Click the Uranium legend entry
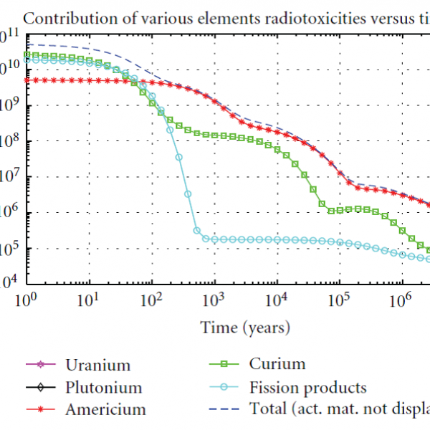[98, 365]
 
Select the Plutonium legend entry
[103, 388]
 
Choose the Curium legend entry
[277, 364]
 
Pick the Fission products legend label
[308, 388]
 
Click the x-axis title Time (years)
[246, 328]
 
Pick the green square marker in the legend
[225, 365]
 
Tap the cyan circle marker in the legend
[225, 388]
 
